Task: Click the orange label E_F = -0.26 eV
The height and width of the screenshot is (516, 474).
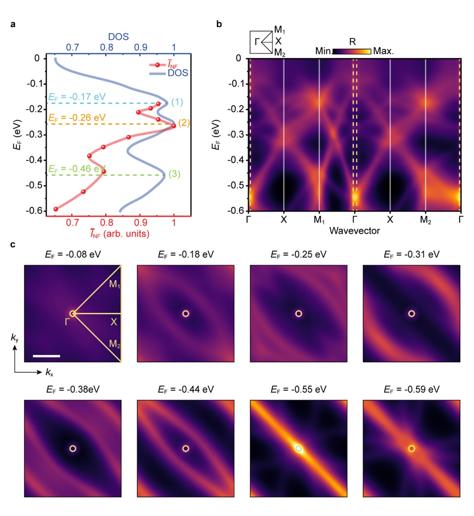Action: (77, 118)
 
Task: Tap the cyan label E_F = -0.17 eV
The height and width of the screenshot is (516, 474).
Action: (77, 97)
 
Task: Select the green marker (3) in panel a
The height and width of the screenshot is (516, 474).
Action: (174, 174)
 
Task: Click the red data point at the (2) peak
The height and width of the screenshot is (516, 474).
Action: (174, 125)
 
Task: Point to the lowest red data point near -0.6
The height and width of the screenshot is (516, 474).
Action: (56, 209)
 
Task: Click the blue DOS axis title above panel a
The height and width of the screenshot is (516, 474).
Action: (118, 37)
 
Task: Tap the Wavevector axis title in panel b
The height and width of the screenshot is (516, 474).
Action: (354, 231)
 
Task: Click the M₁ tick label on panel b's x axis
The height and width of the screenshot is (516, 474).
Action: (319, 220)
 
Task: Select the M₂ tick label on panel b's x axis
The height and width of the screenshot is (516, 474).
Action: (425, 220)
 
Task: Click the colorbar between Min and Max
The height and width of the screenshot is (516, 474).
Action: (351, 51)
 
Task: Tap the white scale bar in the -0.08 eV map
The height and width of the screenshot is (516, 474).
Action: (46, 356)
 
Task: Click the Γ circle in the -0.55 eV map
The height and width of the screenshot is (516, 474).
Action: (299, 448)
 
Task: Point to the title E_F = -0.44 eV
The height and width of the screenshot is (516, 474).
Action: (186, 389)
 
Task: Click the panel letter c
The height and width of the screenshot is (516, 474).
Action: (13, 245)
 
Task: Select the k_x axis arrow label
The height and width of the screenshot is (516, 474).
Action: (50, 373)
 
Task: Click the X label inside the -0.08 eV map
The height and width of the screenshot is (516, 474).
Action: (114, 322)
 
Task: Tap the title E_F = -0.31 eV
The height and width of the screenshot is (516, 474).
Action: (411, 254)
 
